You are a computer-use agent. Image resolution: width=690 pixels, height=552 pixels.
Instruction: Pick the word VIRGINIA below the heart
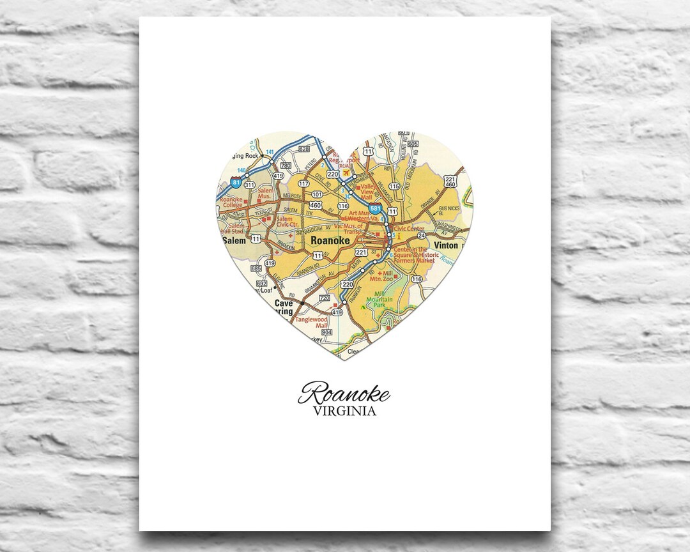(x=344, y=411)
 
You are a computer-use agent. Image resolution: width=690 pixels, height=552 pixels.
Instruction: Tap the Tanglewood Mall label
(x=311, y=323)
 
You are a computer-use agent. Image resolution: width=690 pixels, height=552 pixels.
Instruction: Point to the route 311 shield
(x=249, y=185)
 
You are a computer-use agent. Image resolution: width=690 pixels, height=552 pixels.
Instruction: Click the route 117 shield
(x=303, y=183)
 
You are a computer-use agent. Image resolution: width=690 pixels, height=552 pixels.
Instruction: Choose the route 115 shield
(x=394, y=187)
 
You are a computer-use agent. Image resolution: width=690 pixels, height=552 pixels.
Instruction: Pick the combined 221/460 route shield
(x=450, y=182)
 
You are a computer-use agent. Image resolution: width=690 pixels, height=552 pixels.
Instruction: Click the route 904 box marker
(x=327, y=332)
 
